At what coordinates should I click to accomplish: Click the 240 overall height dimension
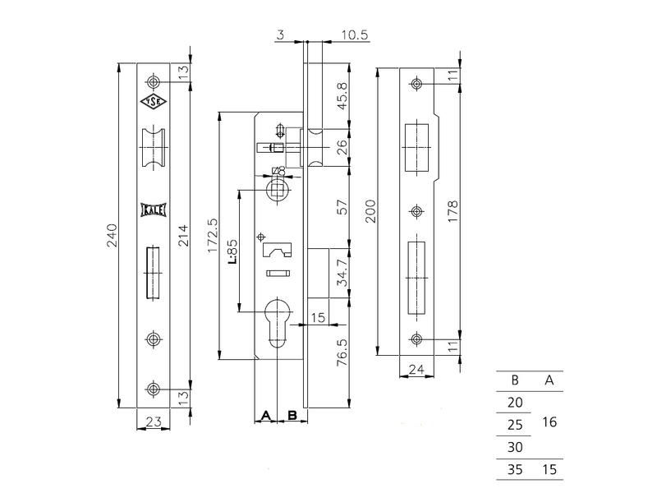coord(113,235)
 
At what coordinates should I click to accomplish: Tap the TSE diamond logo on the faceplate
coord(153,102)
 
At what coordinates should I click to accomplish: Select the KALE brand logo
coord(153,210)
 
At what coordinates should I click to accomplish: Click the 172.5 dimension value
coord(213,235)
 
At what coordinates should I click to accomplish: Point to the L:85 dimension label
coord(232,251)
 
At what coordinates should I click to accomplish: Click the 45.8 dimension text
coord(342,96)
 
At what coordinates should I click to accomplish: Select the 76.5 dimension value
coord(342,352)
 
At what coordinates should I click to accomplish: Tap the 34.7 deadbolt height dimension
coord(342,273)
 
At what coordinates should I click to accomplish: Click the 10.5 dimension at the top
coord(355,35)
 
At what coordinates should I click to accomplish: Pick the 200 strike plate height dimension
coord(371,211)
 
